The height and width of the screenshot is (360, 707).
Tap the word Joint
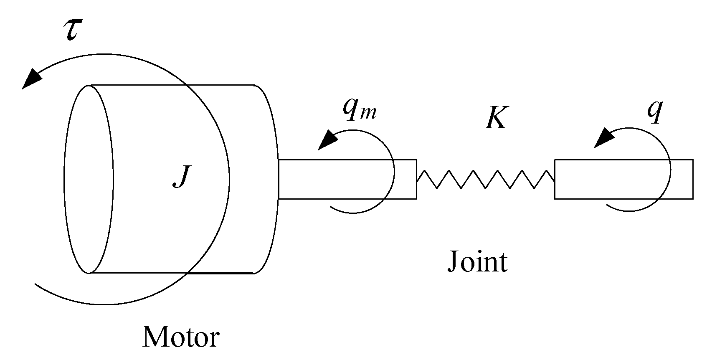(x=477, y=262)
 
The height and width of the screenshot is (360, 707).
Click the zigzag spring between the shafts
(x=486, y=179)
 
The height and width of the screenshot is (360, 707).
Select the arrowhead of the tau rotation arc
(x=31, y=79)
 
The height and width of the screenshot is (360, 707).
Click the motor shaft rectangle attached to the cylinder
(x=347, y=179)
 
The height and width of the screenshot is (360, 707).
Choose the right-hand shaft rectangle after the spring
(x=623, y=179)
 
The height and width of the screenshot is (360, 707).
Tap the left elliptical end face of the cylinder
(x=88, y=179)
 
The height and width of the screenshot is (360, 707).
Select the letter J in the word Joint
(x=453, y=262)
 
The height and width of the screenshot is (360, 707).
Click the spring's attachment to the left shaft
(x=417, y=179)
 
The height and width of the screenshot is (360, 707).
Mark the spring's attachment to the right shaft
(x=554, y=179)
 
